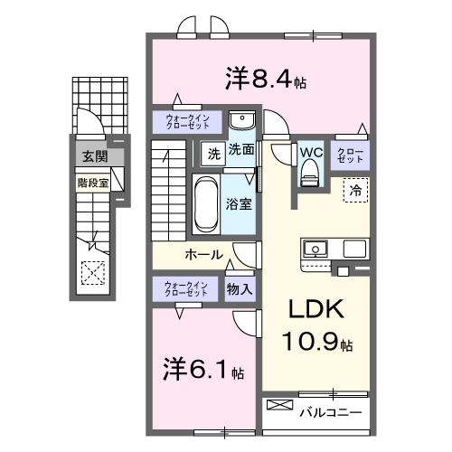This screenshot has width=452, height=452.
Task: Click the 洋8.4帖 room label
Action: (265, 79)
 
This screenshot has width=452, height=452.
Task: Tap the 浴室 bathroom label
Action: (240, 204)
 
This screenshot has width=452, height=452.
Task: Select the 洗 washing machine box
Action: (213, 152)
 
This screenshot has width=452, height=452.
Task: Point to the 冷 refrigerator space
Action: (356, 190)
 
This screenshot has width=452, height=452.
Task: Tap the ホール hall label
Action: (203, 254)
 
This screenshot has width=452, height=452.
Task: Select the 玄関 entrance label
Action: (93, 156)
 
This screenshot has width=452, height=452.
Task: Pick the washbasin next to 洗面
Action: (240, 122)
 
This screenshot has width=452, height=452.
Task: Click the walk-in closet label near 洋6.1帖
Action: (186, 289)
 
